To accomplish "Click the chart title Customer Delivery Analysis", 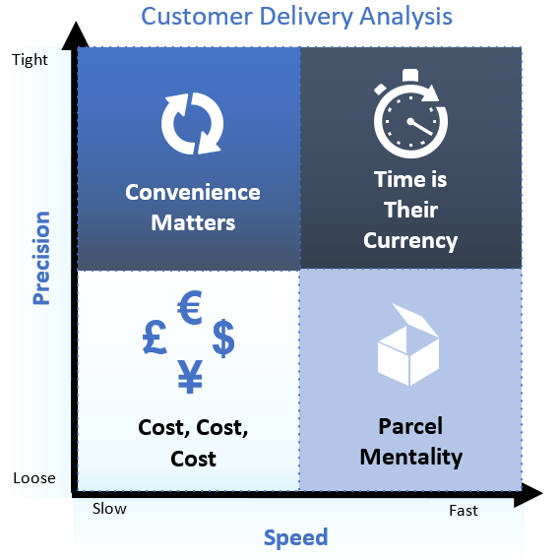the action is point(296,17).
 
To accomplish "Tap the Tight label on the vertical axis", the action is point(30,60).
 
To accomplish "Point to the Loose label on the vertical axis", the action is point(34,478).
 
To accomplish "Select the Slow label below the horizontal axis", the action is point(109,509).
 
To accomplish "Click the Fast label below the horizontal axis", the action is point(464,511).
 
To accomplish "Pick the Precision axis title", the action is point(41,258).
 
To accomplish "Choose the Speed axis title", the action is point(295,538).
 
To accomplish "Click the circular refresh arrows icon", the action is point(193,124).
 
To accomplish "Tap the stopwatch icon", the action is point(410,113).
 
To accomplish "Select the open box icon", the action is point(408,345).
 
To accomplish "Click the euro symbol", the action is point(190,307).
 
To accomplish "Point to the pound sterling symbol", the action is point(155,337).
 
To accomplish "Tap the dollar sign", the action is point(223,338).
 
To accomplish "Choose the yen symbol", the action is point(190,376).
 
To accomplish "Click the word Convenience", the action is point(193,192).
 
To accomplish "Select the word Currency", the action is point(410,241).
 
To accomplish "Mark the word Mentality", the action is point(411,458).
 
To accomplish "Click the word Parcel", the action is point(410,426).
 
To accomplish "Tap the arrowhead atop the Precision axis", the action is point(76,35).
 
